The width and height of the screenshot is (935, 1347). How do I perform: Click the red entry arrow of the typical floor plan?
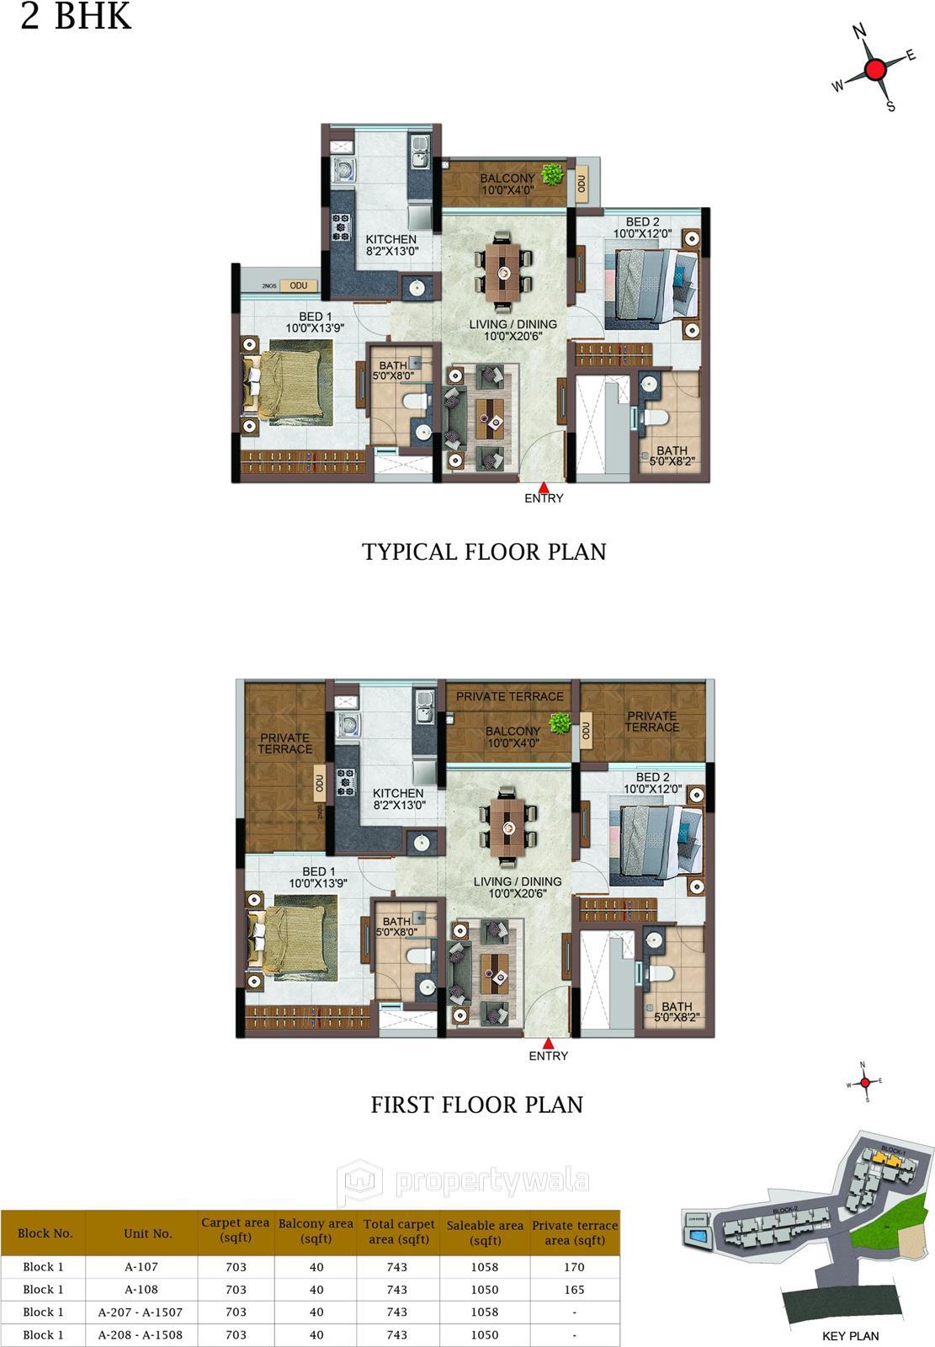click(x=544, y=487)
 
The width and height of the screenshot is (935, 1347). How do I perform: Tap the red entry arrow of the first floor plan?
click(x=549, y=1043)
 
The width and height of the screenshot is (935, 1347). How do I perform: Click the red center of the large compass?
click(x=875, y=69)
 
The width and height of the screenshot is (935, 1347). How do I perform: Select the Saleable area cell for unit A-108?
click(x=485, y=1289)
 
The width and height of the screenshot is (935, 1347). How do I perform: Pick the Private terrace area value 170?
click(x=575, y=1266)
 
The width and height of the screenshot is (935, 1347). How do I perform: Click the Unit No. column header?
click(x=148, y=1233)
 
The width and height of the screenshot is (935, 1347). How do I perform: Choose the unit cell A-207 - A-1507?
click(x=141, y=1312)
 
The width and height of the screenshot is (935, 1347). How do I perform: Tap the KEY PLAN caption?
click(x=850, y=1335)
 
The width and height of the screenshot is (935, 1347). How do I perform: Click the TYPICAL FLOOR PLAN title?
click(x=484, y=551)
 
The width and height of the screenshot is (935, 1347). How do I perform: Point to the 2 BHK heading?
click(x=76, y=17)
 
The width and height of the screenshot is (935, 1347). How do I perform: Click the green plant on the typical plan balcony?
click(x=552, y=174)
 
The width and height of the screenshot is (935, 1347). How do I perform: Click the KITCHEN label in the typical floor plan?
click(x=391, y=240)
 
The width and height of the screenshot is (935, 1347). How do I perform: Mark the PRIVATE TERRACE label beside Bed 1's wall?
click(x=284, y=743)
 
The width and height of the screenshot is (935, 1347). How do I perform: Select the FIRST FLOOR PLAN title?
click(x=477, y=1104)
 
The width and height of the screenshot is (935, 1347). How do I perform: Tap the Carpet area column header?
click(x=236, y=1230)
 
